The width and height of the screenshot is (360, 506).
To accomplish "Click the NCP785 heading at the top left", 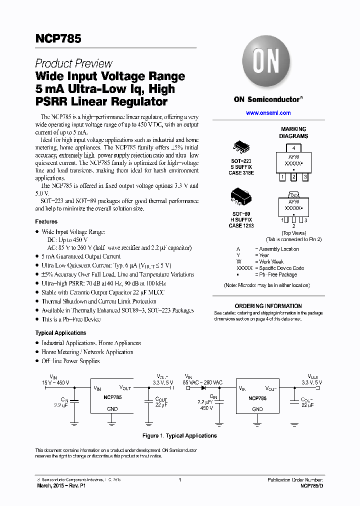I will [58, 38].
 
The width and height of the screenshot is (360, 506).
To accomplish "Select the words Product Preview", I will [73, 63].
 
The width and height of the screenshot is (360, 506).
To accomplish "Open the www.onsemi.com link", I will [268, 113].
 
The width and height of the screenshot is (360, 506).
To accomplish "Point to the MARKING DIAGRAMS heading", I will [293, 132].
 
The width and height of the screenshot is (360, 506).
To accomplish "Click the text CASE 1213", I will [241, 225].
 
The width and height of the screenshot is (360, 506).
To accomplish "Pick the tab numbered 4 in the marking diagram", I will [294, 148].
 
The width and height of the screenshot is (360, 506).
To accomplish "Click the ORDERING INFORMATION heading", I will [268, 306].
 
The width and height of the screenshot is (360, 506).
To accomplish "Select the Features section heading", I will [46, 221].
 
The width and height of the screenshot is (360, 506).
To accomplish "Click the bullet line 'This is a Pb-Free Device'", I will [71, 319].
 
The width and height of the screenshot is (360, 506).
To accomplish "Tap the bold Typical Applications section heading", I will [60, 333].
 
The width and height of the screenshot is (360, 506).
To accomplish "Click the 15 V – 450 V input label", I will [55, 382].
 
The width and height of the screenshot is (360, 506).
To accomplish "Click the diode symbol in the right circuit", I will [204, 387].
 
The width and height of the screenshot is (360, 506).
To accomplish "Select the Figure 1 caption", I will [179, 435].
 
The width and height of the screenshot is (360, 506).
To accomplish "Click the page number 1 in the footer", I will [179, 480].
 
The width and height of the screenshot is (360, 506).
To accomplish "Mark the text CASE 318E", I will [241, 172].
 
